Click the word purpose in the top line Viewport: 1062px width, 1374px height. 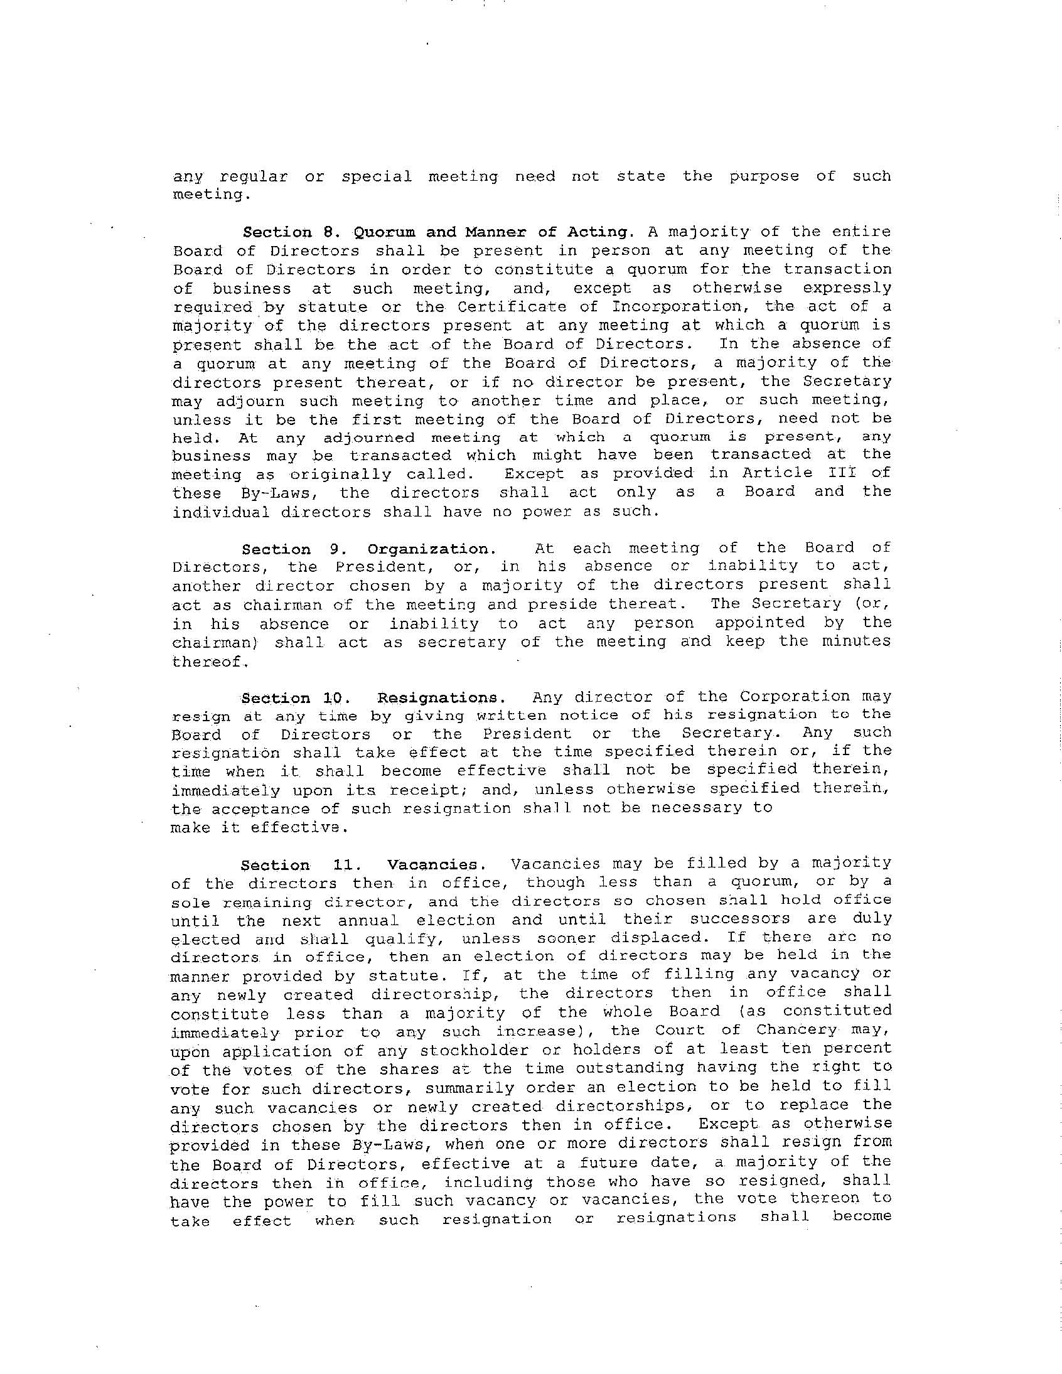coord(764,176)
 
